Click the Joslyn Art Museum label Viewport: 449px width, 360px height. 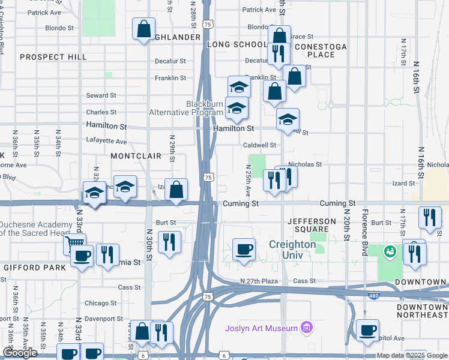click(x=261, y=328)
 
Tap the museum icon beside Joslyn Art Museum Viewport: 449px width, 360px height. click(x=307, y=328)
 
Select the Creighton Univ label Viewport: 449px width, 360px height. click(x=292, y=250)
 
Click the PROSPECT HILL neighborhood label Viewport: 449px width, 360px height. click(x=53, y=57)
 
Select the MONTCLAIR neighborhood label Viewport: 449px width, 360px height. click(x=136, y=156)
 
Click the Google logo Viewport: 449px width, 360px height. click(x=20, y=353)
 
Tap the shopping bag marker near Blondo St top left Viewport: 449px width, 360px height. click(x=144, y=29)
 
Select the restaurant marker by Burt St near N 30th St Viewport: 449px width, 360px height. click(x=169, y=242)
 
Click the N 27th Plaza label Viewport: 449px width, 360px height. click(x=261, y=281)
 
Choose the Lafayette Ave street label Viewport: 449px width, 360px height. click(x=106, y=142)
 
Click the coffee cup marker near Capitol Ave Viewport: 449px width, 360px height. click(x=367, y=329)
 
